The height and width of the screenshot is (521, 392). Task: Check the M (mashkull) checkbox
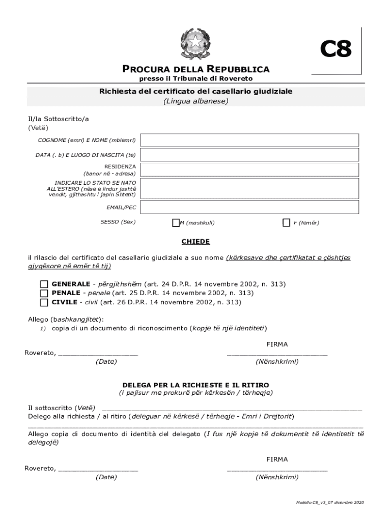coord(176,222)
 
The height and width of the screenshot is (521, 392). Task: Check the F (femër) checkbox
coord(286,222)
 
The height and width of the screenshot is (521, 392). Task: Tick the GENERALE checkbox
coord(44,284)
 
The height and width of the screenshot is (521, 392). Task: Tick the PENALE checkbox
coord(44,293)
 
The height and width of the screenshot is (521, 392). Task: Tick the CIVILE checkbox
coord(44,302)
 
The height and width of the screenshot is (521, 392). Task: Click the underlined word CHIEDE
coord(196,242)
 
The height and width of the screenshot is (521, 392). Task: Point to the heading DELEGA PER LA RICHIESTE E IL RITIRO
coord(196,385)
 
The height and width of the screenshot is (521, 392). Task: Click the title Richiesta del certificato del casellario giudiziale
coord(196,92)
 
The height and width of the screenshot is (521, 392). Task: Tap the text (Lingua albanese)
coord(196,101)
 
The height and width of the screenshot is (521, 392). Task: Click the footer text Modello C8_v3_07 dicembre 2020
coord(330,503)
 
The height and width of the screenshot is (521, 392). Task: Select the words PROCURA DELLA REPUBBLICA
coord(196,69)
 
